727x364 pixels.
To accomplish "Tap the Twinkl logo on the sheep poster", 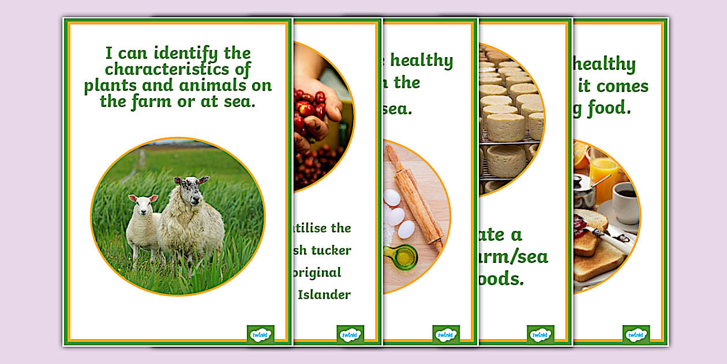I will (260, 334).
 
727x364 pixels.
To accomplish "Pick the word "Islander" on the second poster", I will (324, 295).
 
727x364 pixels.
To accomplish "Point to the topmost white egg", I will (392, 198).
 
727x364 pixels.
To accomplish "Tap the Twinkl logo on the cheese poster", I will (540, 334).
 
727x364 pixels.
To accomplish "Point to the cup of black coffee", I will (625, 202).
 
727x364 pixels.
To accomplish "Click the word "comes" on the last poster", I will (622, 87).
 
